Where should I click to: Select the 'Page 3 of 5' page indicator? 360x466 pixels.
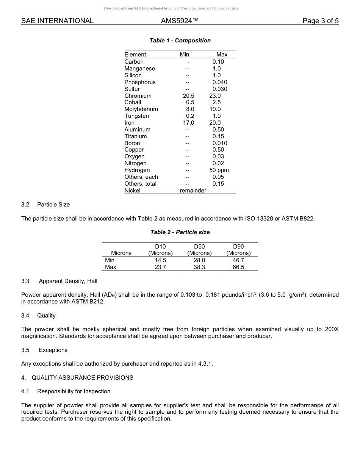pos(320,21)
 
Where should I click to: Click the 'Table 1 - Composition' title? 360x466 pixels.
pos(180,41)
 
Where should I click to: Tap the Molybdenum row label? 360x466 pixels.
pos(141,109)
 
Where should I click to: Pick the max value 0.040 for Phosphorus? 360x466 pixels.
pos(220,82)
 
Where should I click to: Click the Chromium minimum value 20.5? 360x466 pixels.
pos(188,96)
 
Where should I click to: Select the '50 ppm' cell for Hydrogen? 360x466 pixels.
pos(219,170)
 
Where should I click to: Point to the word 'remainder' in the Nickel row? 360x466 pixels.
pos(193,191)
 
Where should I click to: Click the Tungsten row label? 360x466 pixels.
pos(136,116)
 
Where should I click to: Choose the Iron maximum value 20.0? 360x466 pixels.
pos(215,123)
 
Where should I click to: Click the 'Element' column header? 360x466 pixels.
pos(135,55)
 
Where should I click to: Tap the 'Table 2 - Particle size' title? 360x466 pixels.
pos(180,232)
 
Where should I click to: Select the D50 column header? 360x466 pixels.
pos(199,247)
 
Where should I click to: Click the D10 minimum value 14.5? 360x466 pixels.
pos(160,260)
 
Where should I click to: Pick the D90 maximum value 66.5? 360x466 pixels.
pos(238,267)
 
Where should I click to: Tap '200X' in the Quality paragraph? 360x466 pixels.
pos(332,329)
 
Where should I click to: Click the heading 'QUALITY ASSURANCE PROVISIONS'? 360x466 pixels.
pos(82,378)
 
